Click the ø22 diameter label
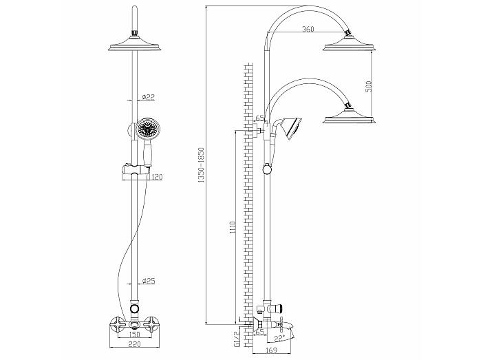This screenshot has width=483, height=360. (x=149, y=97)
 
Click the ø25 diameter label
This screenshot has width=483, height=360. (x=149, y=281)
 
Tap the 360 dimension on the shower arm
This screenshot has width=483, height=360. (x=308, y=29)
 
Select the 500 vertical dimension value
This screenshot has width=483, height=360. (x=369, y=86)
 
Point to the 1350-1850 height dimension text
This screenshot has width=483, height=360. (x=201, y=165)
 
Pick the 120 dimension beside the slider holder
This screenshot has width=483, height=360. (x=156, y=177)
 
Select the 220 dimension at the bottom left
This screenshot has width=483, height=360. (x=134, y=344)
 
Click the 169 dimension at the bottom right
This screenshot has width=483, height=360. (x=271, y=350)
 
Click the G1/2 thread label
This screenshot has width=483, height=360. (x=237, y=339)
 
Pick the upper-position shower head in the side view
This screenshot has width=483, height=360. (x=350, y=43)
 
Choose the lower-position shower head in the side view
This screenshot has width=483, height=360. (x=350, y=116)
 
